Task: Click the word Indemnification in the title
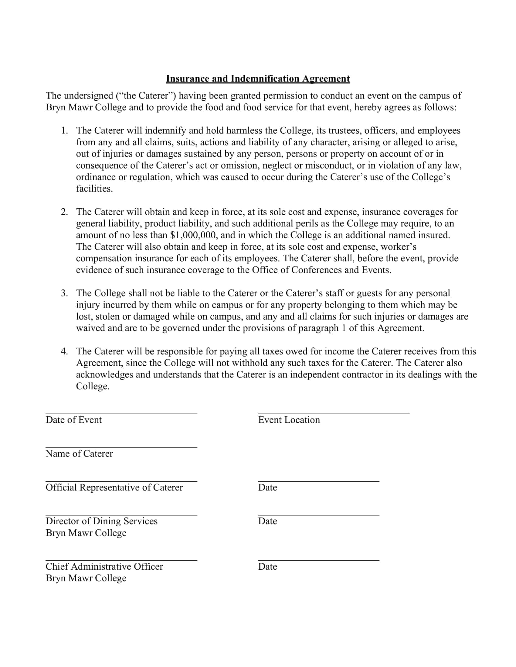pos(265,79)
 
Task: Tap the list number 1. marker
pos(64,130)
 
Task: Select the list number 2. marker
pos(64,212)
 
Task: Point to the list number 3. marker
pos(64,293)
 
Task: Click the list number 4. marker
pos(64,351)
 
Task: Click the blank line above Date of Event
pos(121,414)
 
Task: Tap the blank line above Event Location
pos(334,414)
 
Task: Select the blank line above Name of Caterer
pos(121,447)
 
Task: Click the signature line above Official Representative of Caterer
pos(121,481)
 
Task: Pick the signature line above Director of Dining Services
pos(121,515)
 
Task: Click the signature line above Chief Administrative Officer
pos(121,560)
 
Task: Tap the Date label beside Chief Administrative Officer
pos(267,567)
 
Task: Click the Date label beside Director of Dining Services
pos(267,521)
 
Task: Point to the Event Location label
pos(289,420)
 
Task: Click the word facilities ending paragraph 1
pos(94,189)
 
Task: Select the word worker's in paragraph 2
pos(398,247)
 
